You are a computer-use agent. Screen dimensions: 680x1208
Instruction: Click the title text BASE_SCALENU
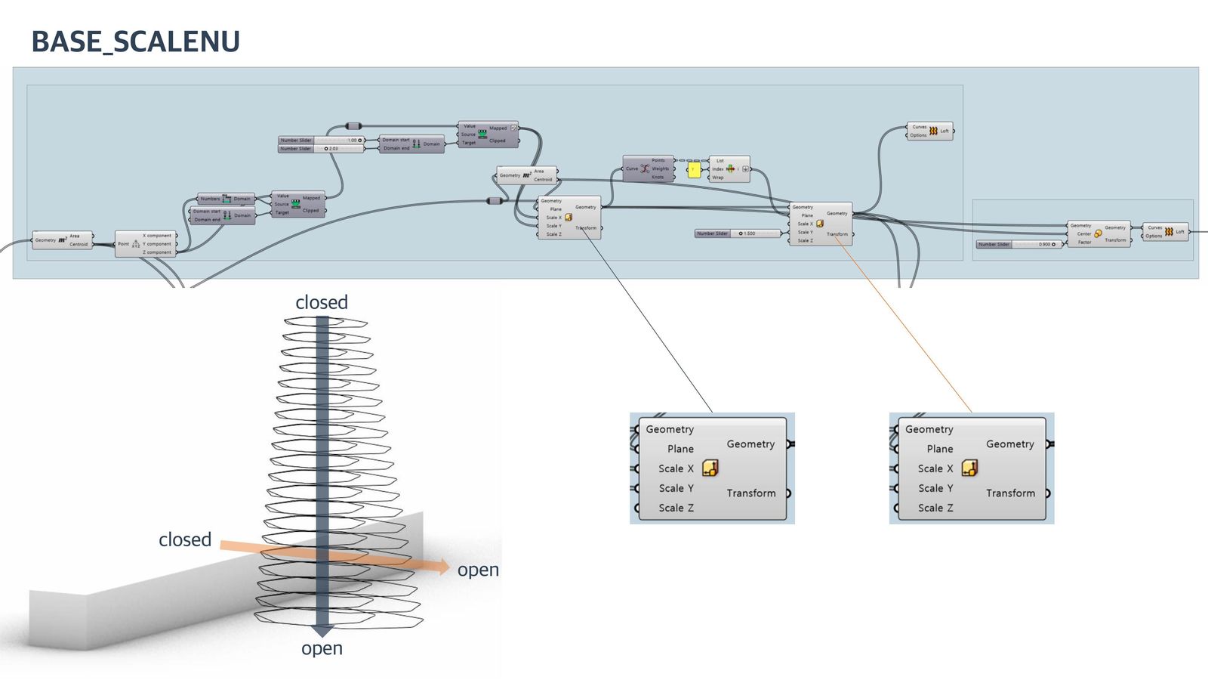tap(136, 42)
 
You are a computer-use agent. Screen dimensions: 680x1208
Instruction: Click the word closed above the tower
tap(322, 302)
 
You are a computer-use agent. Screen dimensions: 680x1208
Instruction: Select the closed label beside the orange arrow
tap(185, 539)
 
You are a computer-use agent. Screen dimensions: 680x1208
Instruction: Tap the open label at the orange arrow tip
tap(478, 570)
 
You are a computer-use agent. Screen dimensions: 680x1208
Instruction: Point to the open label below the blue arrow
tap(322, 648)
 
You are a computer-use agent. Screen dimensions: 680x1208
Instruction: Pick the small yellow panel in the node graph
tap(694, 170)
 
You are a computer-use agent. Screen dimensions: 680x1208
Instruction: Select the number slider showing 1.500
tap(737, 233)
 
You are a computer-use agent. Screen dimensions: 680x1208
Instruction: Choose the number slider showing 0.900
tap(1020, 244)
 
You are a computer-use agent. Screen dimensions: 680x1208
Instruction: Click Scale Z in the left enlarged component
tap(676, 508)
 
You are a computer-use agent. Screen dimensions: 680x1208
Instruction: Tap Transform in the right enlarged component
tap(1010, 493)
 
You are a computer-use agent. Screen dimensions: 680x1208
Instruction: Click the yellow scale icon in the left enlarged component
tap(710, 468)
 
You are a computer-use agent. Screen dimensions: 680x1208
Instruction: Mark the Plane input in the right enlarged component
tap(940, 449)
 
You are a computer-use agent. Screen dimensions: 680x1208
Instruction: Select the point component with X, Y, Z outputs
tap(145, 244)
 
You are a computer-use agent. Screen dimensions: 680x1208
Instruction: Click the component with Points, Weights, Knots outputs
tap(647, 168)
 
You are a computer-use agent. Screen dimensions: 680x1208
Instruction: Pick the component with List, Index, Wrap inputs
tap(729, 169)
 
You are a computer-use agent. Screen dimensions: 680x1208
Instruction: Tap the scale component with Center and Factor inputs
tap(1099, 233)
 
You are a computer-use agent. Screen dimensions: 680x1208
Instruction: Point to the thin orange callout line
tap(906, 325)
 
